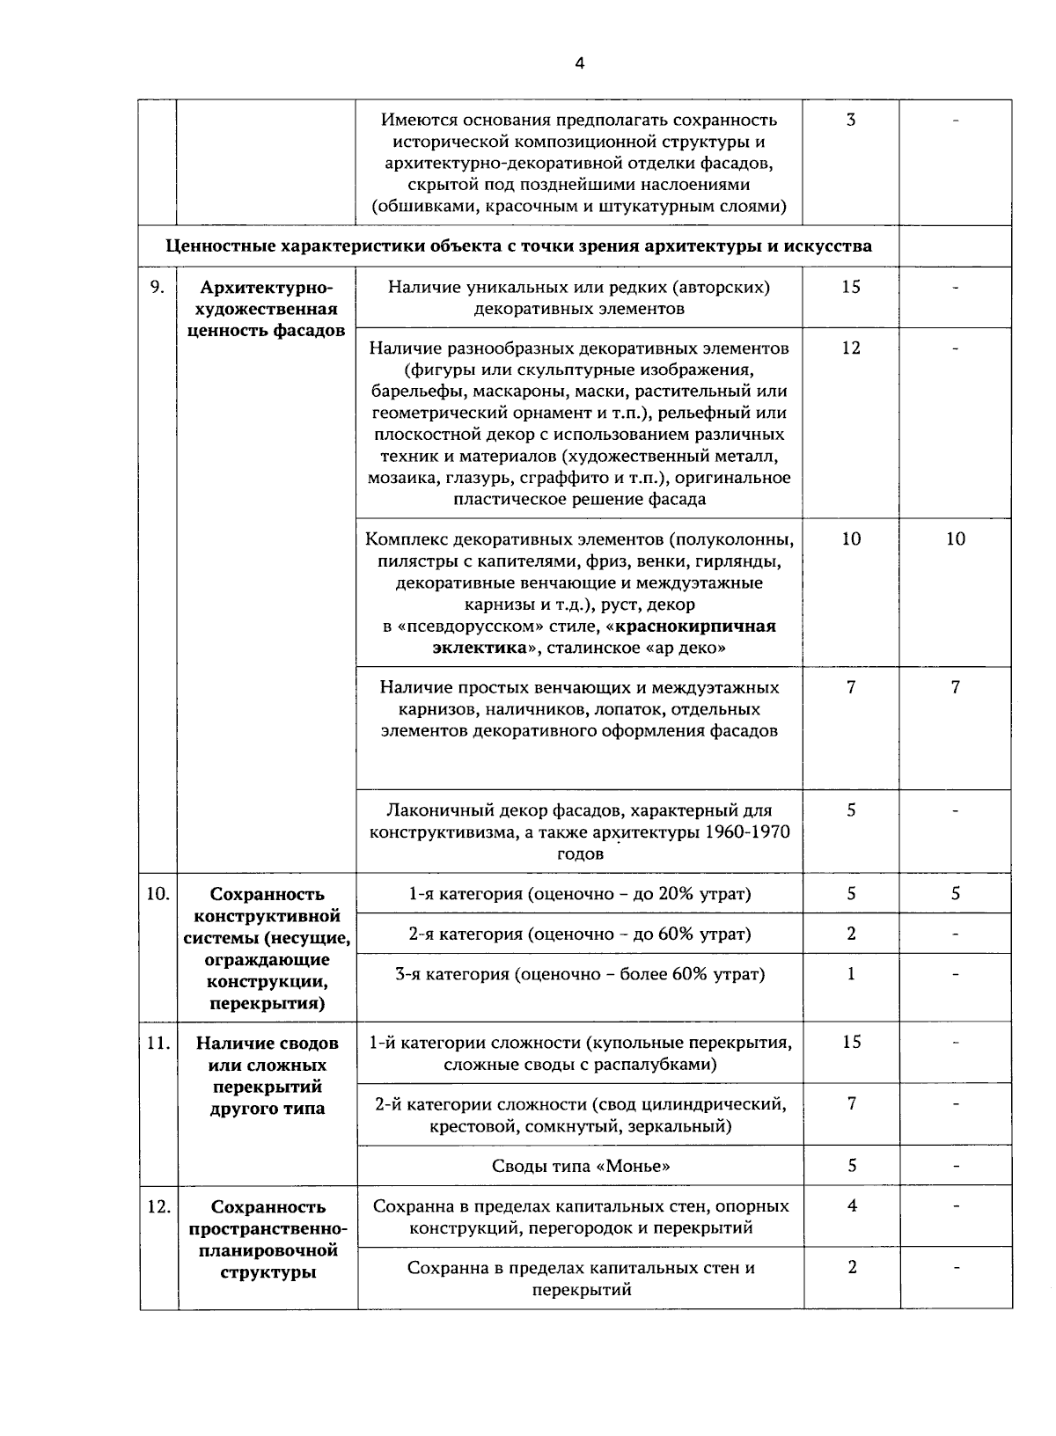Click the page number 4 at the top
tap(578, 62)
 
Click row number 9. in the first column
tap(158, 287)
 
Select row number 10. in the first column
tap(158, 893)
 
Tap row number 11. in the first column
tap(158, 1043)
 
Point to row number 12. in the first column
tap(158, 1206)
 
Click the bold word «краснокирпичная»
tap(695, 626)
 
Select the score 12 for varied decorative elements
tap(850, 348)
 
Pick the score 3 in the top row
tap(850, 120)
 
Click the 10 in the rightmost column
tap(956, 539)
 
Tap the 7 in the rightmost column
tap(956, 687)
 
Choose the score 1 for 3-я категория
tap(851, 974)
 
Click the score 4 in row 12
tap(852, 1206)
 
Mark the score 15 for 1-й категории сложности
tap(851, 1043)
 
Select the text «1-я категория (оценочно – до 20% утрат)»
tap(579, 894)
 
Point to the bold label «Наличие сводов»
tap(267, 1044)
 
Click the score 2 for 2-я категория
tap(851, 934)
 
